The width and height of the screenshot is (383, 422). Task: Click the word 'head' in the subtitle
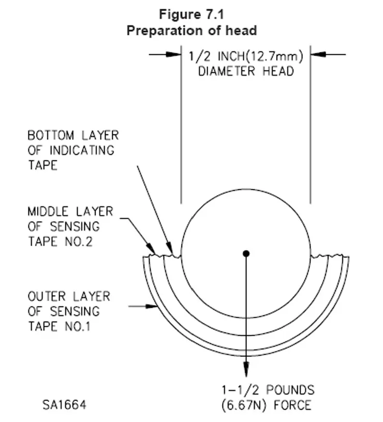tap(242, 31)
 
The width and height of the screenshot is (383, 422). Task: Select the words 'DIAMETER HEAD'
tap(246, 71)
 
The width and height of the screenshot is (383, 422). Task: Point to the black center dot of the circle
tap(246, 253)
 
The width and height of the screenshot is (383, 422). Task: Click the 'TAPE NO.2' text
tap(60, 241)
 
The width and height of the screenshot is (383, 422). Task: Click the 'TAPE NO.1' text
tap(60, 326)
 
